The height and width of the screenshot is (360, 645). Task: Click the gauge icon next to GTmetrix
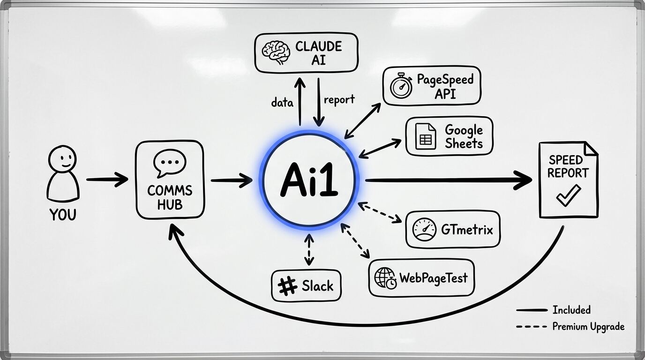point(424,230)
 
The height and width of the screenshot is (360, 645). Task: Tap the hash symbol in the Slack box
point(288,285)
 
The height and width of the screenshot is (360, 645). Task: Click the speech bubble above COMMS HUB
point(169,163)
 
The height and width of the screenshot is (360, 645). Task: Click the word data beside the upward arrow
point(282,102)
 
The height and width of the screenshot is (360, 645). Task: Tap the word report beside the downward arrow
point(339,99)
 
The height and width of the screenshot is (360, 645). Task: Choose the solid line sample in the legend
point(531,310)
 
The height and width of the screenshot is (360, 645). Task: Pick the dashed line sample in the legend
point(531,327)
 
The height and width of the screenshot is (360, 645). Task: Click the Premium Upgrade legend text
point(588,327)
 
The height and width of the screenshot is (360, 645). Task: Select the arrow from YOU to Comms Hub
point(107,179)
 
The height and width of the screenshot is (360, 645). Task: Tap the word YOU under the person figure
point(63,215)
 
